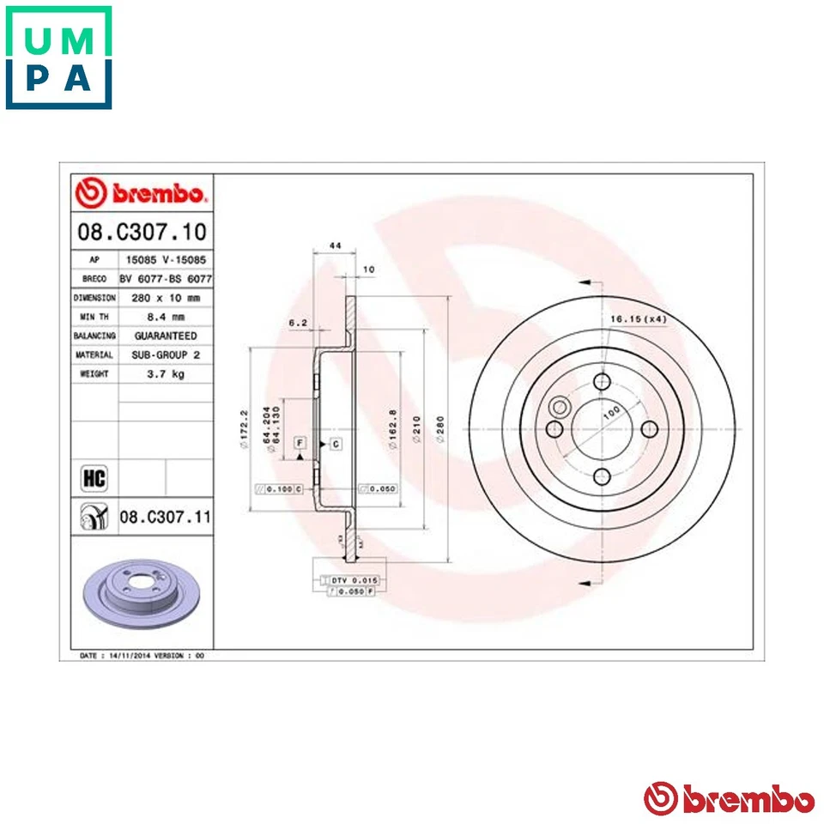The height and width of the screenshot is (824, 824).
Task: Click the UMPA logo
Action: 58,58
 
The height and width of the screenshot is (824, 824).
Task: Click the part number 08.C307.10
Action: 142,232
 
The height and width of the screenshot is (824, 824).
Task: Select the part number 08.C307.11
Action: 165,518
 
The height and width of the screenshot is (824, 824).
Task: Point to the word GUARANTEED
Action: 165,336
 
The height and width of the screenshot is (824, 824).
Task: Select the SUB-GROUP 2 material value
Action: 165,354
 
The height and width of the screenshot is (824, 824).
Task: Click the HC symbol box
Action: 93,477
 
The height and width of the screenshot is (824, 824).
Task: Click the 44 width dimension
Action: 336,246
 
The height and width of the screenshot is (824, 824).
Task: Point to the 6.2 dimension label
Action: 298,324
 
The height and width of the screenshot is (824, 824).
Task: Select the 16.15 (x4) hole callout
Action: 638,319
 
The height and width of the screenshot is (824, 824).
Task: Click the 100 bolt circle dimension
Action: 611,413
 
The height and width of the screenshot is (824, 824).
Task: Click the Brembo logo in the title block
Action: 142,193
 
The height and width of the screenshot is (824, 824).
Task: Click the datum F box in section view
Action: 300,443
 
